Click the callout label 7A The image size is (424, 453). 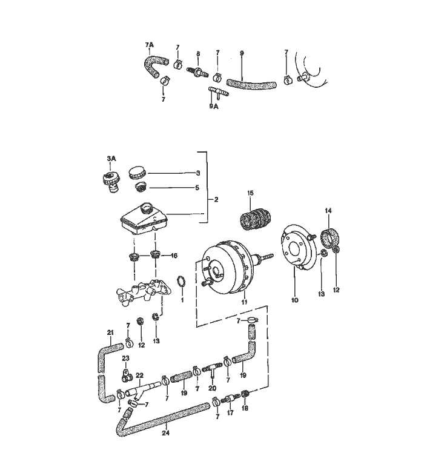tap(149, 45)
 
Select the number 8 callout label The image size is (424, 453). tap(198, 54)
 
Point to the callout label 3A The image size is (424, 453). tap(110, 159)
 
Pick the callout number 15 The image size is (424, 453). tap(251, 193)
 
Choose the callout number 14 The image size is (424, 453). tap(328, 210)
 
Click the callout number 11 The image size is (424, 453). tap(245, 301)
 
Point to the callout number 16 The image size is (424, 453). tap(174, 256)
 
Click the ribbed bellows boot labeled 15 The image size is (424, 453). tap(254, 219)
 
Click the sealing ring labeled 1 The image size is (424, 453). tap(180, 282)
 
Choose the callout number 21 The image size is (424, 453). tap(110, 332)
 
